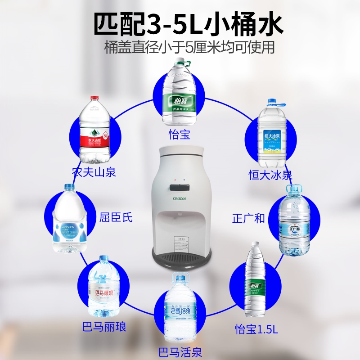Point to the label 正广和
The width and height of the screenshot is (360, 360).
click(248, 219)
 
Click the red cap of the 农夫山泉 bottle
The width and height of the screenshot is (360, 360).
click(94, 98)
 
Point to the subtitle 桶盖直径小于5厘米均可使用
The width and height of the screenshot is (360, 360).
click(189, 48)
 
